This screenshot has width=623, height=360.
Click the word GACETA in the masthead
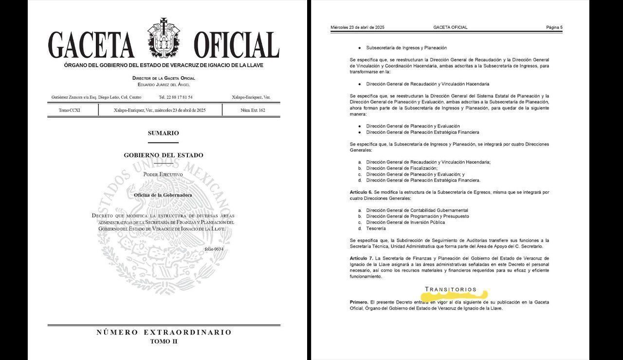91,45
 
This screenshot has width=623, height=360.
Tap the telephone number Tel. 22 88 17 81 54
176,97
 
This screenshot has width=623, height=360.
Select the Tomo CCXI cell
70,110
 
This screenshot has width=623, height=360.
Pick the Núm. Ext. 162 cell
253,110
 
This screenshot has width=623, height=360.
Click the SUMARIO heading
164,133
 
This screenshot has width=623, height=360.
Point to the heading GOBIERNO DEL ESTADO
164,155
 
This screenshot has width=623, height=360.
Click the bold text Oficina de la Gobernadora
163,195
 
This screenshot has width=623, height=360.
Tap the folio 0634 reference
214,249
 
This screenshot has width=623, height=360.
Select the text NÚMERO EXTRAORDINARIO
164,332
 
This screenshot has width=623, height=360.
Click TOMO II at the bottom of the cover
164,342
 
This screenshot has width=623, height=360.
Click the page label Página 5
554,27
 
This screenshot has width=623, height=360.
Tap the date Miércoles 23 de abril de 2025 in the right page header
357,27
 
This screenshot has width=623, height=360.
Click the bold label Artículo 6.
361,192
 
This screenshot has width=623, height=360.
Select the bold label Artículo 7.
361,257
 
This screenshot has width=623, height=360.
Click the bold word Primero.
359,302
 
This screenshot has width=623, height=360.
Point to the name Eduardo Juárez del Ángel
164,85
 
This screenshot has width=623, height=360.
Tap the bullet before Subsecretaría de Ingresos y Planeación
359,48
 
